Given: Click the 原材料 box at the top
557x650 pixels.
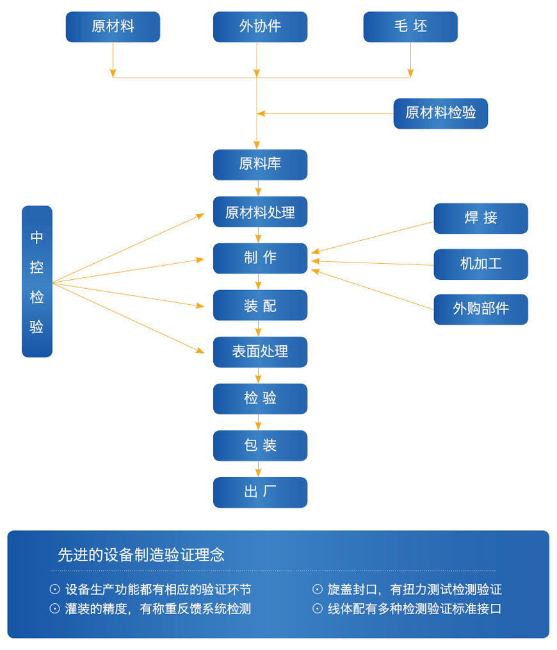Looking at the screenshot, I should coord(113,27).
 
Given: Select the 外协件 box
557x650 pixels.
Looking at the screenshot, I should coord(260,27).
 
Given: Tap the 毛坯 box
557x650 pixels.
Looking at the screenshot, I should coord(410,27).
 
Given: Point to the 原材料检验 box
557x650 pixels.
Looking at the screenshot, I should coord(440,113).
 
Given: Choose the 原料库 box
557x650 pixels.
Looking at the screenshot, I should coord(260,165).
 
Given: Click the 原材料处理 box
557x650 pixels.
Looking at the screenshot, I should coord(260,212).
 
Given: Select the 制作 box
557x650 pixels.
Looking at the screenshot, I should coord(260,258).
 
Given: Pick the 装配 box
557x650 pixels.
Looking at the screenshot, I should coord(260,305).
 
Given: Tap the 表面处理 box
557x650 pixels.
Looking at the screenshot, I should coord(260,352).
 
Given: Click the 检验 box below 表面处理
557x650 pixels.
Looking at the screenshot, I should coord(260,398).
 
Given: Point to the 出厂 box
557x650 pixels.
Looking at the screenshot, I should coord(260,492).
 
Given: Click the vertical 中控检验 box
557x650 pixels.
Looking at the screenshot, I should coord(37,281).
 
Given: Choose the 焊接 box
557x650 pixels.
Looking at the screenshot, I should coord(481,218).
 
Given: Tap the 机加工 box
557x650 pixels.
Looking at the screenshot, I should coord(481,264).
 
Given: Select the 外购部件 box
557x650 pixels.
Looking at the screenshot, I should coord(481,309).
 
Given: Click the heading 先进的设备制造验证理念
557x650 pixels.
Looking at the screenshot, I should coord(141,555).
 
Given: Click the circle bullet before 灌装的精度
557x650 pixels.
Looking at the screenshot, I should coord(54,609).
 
